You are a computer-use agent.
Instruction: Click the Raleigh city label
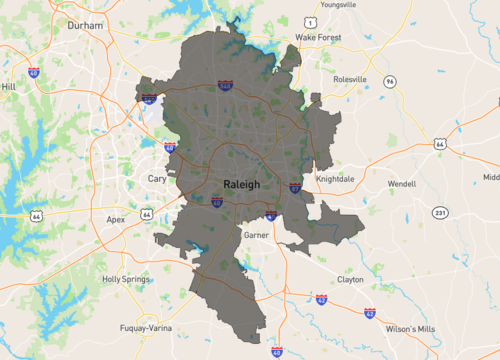(241, 184)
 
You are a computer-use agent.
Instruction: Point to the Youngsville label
(337, 3)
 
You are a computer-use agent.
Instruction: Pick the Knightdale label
(336, 178)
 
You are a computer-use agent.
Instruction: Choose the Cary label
(157, 178)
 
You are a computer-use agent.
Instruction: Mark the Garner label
(256, 234)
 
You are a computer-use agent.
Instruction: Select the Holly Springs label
(125, 279)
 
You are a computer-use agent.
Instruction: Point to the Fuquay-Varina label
(137, 328)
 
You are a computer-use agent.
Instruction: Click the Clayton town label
(350, 280)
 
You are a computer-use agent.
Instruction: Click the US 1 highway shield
(312, 21)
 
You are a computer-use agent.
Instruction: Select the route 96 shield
(389, 81)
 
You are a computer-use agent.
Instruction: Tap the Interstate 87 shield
(296, 186)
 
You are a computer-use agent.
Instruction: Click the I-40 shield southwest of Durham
(34, 73)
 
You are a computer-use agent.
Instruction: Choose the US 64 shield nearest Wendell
(440, 144)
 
